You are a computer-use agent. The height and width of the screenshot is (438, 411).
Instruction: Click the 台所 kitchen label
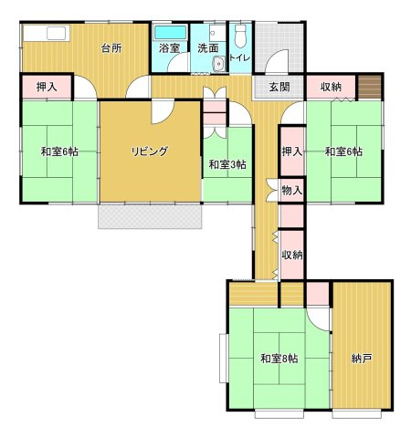pos(111,47)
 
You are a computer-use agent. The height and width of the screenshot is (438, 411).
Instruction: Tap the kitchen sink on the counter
pos(57,33)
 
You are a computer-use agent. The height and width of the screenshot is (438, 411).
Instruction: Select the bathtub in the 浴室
pos(170,32)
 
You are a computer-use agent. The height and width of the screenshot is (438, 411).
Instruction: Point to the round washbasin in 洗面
pos(218,65)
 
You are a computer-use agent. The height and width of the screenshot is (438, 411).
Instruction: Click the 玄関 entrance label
pos(279,88)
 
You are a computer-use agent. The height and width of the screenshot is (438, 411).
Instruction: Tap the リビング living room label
pos(150,151)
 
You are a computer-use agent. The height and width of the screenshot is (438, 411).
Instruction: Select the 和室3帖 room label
pos(227,164)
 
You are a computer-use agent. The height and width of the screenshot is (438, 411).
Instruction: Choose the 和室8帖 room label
pos(279,359)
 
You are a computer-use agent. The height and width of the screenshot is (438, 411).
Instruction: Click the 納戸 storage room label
pos(362,359)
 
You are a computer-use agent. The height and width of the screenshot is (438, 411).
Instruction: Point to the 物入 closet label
pos(292,191)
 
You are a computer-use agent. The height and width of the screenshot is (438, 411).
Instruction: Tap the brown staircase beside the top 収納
pos(370,87)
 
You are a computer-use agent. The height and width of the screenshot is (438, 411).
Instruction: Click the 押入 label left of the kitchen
pos(47,87)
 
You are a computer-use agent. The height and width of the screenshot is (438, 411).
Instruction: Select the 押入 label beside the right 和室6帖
pos(292,151)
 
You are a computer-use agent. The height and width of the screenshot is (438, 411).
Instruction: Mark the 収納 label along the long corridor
pos(292,255)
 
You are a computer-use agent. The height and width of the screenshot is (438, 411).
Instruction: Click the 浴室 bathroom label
pos(169,48)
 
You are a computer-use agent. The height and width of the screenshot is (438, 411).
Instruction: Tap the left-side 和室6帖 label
pos(59,151)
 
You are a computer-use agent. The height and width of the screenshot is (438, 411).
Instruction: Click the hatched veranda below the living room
pos(150,216)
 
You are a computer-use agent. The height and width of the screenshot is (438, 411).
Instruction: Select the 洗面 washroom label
pos(208,48)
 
